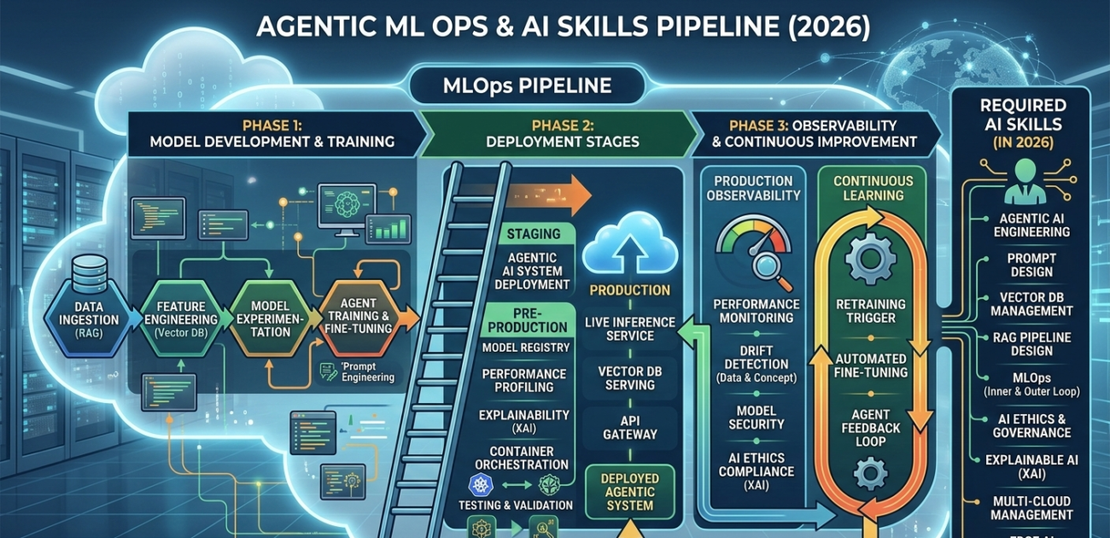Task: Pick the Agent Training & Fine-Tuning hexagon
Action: [363, 318]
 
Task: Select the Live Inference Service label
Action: [630, 329]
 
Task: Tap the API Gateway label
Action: [629, 427]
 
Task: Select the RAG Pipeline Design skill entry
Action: [1031, 344]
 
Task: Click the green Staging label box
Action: [534, 234]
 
